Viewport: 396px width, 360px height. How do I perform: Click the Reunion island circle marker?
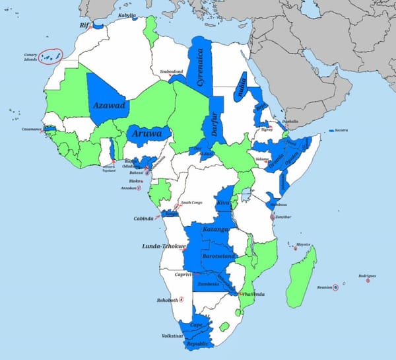click(x=335, y=287)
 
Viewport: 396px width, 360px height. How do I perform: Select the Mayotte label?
click(x=303, y=244)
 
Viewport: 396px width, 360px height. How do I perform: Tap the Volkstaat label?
click(x=172, y=336)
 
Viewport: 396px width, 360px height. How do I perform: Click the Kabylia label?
click(x=127, y=15)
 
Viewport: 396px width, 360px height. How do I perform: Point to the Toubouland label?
click(x=171, y=71)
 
